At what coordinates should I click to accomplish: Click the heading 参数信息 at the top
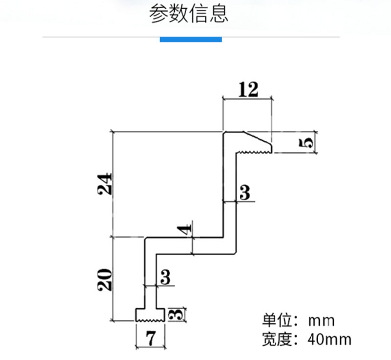coord(189,14)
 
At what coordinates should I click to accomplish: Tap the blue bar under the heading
coord(191,40)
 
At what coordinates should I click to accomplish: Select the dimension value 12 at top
coord(248,90)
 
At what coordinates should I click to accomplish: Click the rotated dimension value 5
coord(306,143)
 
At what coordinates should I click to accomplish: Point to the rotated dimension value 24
coord(105,184)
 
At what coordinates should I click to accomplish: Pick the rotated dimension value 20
coord(105,279)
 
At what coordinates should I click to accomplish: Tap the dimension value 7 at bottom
coord(151,339)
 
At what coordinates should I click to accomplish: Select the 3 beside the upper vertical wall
coord(245,192)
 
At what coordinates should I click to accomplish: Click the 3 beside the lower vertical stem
coord(165,277)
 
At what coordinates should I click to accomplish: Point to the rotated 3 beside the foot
coord(176,315)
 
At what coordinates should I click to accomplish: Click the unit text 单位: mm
coord(298,320)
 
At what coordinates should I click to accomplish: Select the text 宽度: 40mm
coord(307,339)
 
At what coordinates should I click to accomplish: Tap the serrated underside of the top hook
coord(254,152)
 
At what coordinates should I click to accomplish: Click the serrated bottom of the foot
coord(151,320)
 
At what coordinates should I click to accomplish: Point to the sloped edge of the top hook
coord(258,137)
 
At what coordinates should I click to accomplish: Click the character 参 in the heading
coord(158,14)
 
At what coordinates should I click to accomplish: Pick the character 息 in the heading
coord(219,14)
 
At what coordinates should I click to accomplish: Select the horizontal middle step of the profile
coord(190,246)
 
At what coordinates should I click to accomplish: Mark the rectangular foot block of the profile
coord(151,315)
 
